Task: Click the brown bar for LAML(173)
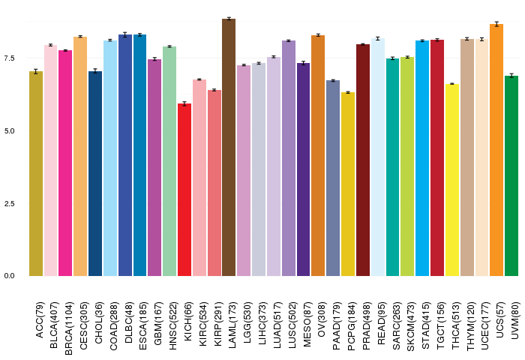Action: [229, 147]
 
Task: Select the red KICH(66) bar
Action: [184, 190]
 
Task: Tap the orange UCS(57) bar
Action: [496, 150]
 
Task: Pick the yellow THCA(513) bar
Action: [452, 180]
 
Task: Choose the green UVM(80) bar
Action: [511, 175]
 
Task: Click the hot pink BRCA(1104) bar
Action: [65, 163]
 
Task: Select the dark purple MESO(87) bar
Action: [303, 169]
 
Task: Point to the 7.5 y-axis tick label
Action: [10, 58]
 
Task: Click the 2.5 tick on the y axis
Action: [10, 203]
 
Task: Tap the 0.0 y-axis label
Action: [10, 276]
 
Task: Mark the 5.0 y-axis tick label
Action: [10, 131]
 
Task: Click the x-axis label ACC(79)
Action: [40, 320]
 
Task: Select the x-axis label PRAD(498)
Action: [367, 326]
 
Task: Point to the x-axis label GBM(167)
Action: [158, 323]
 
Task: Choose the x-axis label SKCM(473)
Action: [411, 327]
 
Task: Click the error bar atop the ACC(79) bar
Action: [36, 71]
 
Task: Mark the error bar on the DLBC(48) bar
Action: [125, 34]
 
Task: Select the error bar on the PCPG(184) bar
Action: [348, 92]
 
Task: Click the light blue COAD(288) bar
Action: [110, 158]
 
